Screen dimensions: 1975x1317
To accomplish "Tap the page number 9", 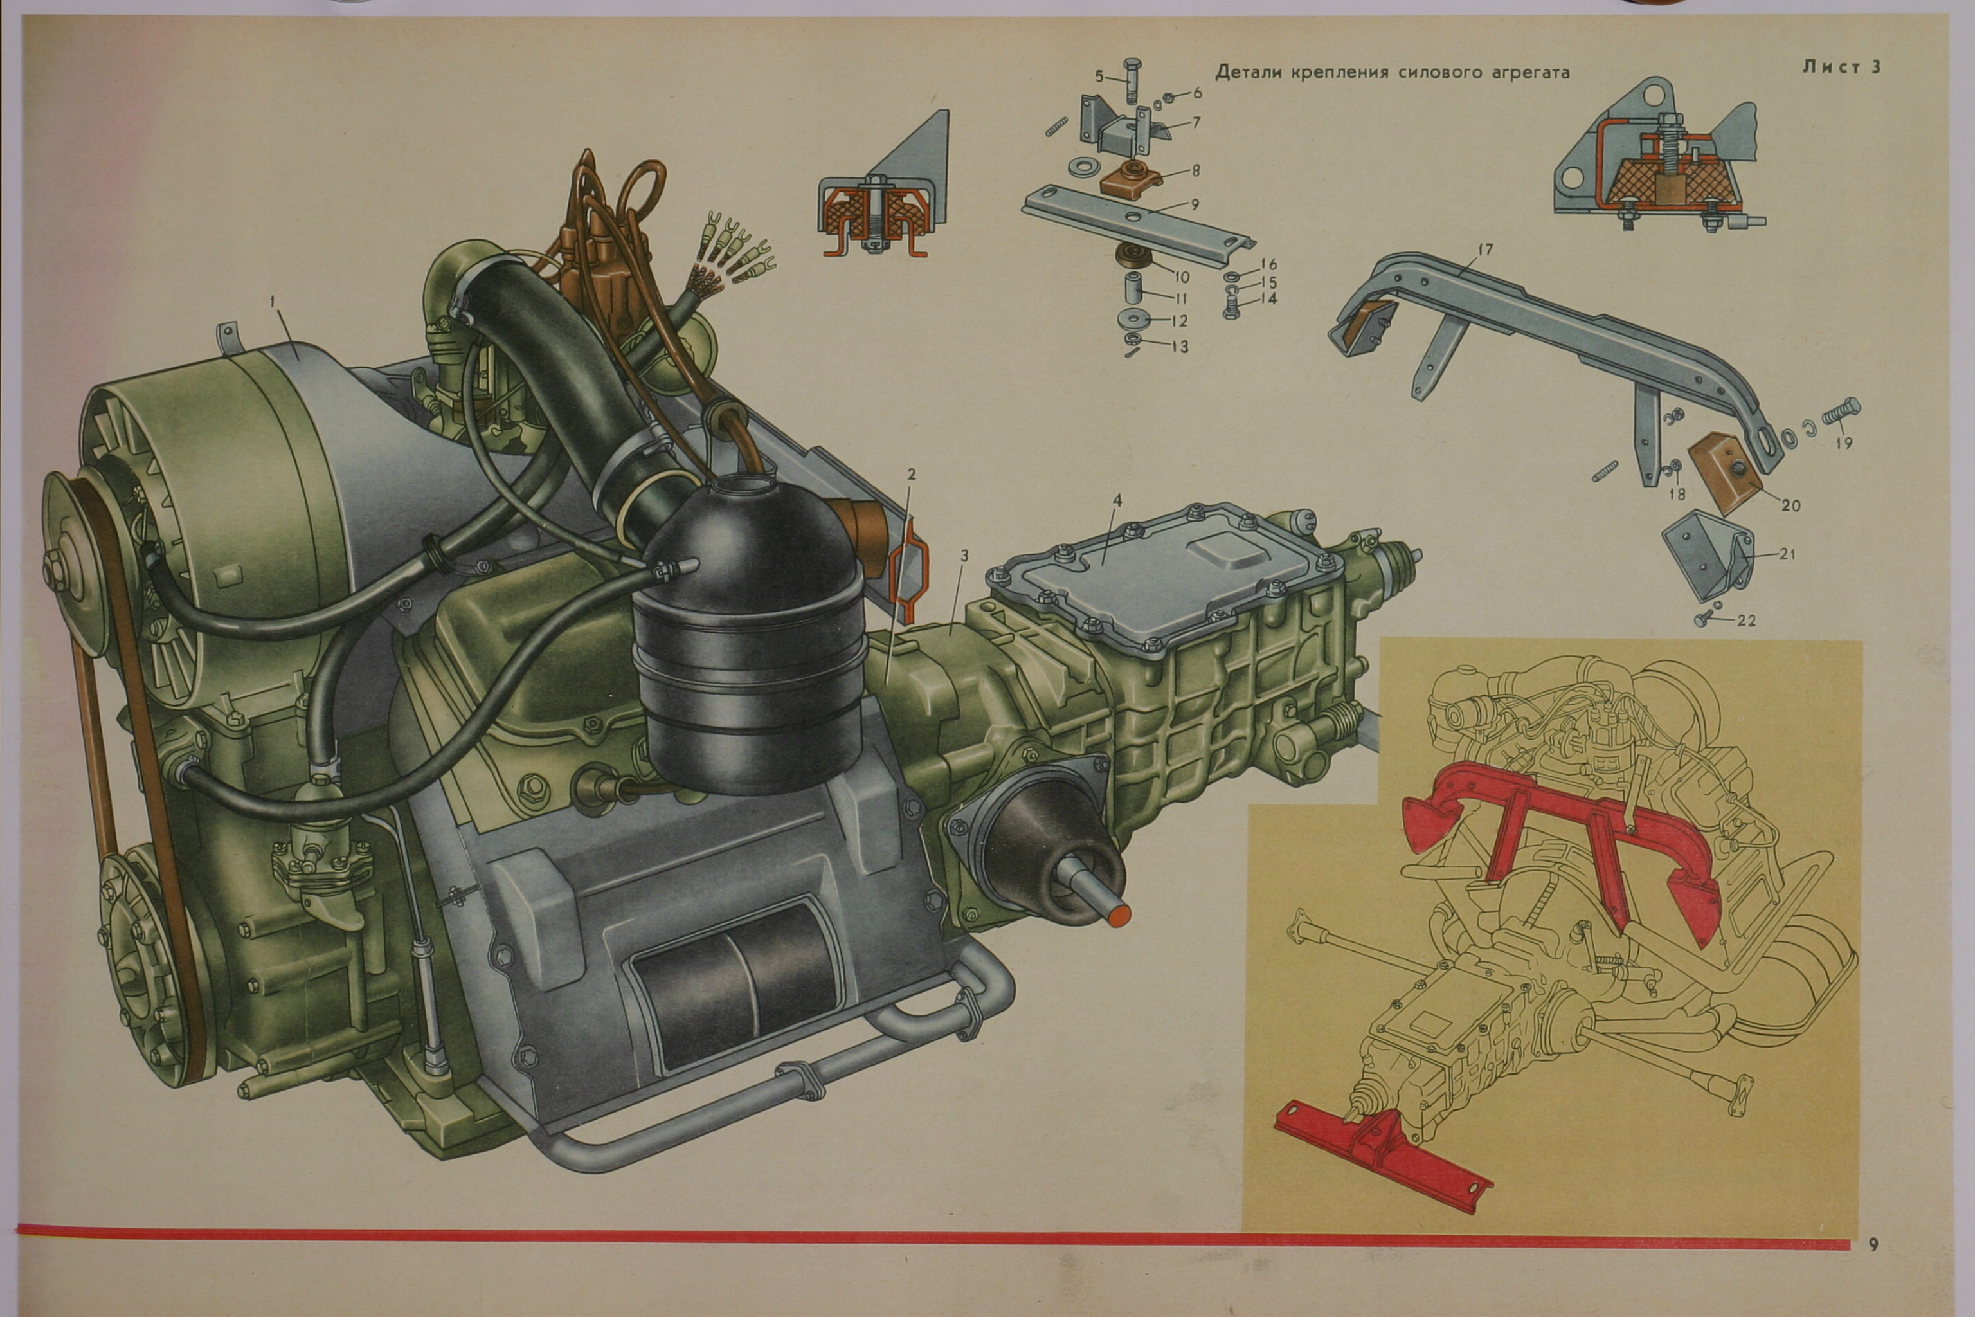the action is (1873, 1245).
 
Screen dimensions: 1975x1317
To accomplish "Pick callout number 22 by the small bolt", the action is (1745, 621).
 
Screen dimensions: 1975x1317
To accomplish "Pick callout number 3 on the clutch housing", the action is (965, 556).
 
